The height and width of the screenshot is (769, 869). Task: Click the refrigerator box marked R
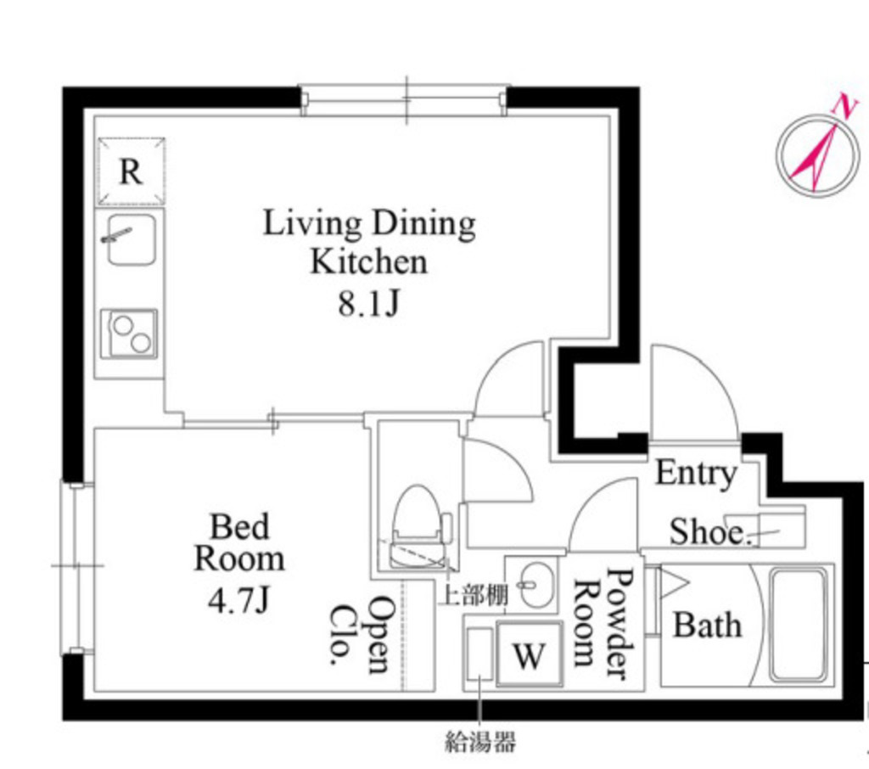click(x=131, y=171)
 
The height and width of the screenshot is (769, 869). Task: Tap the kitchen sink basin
click(x=131, y=239)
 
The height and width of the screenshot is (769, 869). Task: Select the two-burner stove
click(x=129, y=334)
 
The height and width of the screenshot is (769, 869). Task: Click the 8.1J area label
click(x=369, y=303)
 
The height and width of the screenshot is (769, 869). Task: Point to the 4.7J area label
click(x=238, y=600)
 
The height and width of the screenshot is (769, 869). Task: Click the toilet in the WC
click(x=420, y=527)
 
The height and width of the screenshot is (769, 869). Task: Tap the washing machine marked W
click(x=530, y=654)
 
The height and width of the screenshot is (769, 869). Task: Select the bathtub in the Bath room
click(x=798, y=625)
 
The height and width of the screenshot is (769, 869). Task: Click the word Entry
click(x=696, y=474)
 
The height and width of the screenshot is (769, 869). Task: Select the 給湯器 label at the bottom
click(x=480, y=741)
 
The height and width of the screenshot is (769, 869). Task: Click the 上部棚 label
click(x=473, y=596)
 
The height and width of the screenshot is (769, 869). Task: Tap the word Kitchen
click(x=369, y=262)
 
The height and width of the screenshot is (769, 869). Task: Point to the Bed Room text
click(x=239, y=542)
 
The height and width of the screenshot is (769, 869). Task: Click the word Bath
click(x=707, y=626)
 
